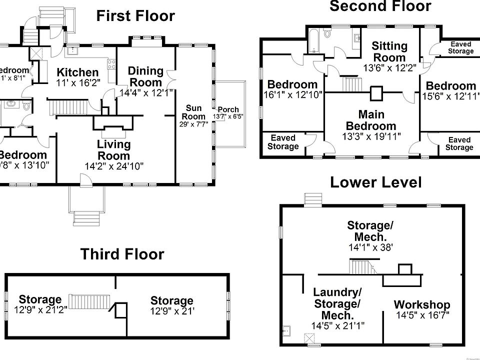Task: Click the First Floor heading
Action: [135, 16]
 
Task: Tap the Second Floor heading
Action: [380, 6]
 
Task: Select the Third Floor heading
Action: [122, 254]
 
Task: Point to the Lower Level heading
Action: [375, 182]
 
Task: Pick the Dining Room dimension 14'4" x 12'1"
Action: [146, 92]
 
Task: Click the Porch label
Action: [228, 109]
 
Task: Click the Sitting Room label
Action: [390, 51]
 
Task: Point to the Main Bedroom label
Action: [370, 120]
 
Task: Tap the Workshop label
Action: [421, 305]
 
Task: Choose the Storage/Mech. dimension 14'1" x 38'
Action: [370, 247]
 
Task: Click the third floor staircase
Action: [90, 301]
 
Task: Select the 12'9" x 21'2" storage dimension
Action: [40, 309]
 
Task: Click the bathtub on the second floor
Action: [313, 41]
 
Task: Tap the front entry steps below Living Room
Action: [88, 218]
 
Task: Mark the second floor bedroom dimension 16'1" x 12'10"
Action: [292, 94]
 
